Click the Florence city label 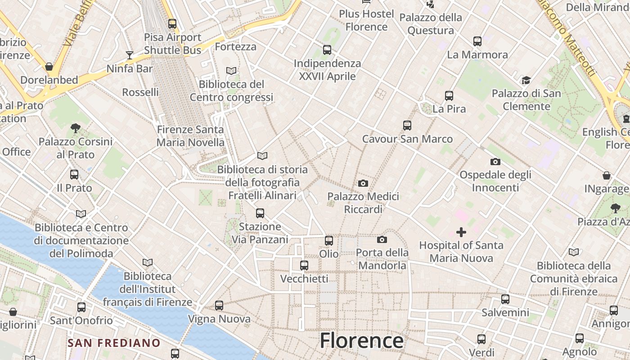pos(361,341)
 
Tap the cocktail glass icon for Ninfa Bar pos(130,55)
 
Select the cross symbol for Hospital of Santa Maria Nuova pos(461,232)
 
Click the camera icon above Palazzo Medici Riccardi pos(363,183)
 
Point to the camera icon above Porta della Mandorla pos(382,239)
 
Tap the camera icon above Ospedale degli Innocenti pos(495,162)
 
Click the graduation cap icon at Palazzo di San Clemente pos(526,81)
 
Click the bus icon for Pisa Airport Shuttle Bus pos(172,24)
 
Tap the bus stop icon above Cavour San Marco pos(407,126)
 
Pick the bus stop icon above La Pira pos(449,96)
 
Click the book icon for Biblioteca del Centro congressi pos(231,71)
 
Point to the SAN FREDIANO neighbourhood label pos(114,343)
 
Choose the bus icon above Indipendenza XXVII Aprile pos(327,50)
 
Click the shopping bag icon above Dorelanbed pos(49,67)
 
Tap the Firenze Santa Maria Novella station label pos(190,136)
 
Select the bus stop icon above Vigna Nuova pos(219,306)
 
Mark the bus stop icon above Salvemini pos(505,299)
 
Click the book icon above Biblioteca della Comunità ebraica pos(573,252)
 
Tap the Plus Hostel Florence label pos(366,20)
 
